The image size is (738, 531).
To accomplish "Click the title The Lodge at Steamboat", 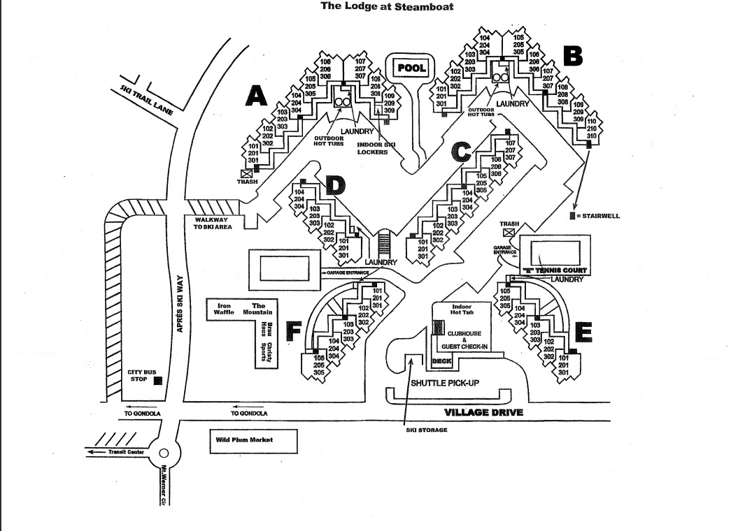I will [386, 6].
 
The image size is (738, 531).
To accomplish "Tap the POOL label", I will [411, 68].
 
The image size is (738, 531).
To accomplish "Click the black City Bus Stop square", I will [158, 380].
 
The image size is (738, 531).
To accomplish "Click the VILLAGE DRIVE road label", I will [483, 412].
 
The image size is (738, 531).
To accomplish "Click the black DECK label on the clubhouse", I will [441, 361].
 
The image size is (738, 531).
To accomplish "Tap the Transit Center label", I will [126, 452].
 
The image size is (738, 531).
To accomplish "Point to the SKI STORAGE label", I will [426, 430].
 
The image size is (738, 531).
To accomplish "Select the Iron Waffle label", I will [224, 309].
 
